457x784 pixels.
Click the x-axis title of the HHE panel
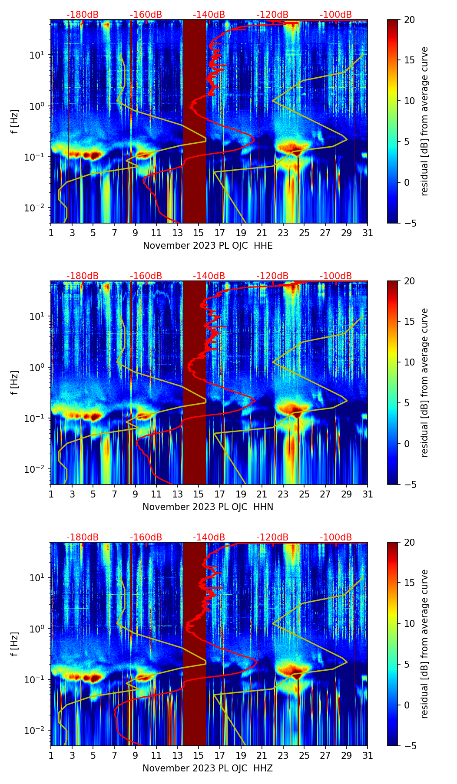point(208,246)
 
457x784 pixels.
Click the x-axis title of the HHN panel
point(208,507)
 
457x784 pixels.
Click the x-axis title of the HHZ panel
point(208,768)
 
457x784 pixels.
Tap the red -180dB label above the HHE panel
point(83,15)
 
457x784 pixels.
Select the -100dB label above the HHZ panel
point(336,537)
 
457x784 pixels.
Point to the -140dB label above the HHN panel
point(209,276)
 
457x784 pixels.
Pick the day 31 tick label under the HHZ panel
point(368,755)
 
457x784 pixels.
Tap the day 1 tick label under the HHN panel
point(51,494)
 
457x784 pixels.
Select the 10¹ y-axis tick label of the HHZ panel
point(36,578)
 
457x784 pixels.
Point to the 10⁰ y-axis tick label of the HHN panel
point(36,367)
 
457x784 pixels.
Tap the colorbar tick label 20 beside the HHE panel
point(410,20)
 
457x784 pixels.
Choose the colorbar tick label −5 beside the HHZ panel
point(410,746)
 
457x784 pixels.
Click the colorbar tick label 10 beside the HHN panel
point(410,362)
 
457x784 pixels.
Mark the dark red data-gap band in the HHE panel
point(194,121)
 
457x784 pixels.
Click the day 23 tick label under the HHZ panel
point(283,755)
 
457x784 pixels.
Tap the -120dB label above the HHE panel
point(272,15)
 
